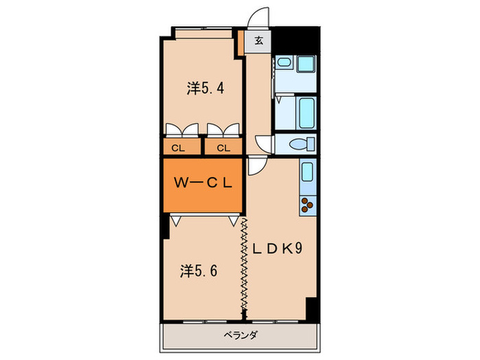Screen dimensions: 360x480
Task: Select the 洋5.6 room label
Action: pyautogui.click(x=199, y=270)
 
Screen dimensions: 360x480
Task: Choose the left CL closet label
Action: pyautogui.click(x=177, y=147)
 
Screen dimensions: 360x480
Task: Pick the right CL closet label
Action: pyautogui.click(x=224, y=147)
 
